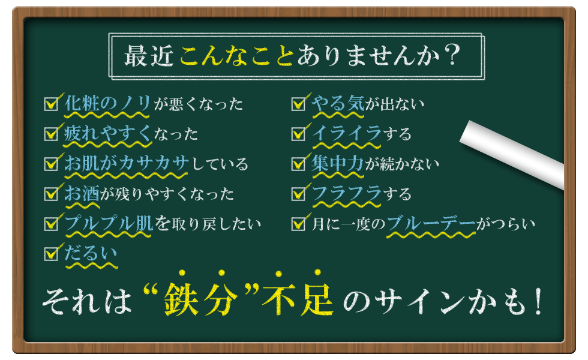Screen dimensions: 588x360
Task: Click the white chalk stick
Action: coord(512,153)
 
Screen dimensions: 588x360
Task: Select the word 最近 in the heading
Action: coord(149,56)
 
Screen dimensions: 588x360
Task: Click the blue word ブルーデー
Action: coord(431,223)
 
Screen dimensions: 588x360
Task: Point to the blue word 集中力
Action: coord(337,163)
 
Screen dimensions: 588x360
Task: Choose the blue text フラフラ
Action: coord(347,193)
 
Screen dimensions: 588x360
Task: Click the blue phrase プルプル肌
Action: coord(109,223)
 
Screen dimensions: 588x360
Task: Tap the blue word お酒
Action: coord(82,193)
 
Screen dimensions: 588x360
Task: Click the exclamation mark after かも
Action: coord(539,301)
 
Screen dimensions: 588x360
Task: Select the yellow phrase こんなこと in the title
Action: coord(236,56)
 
